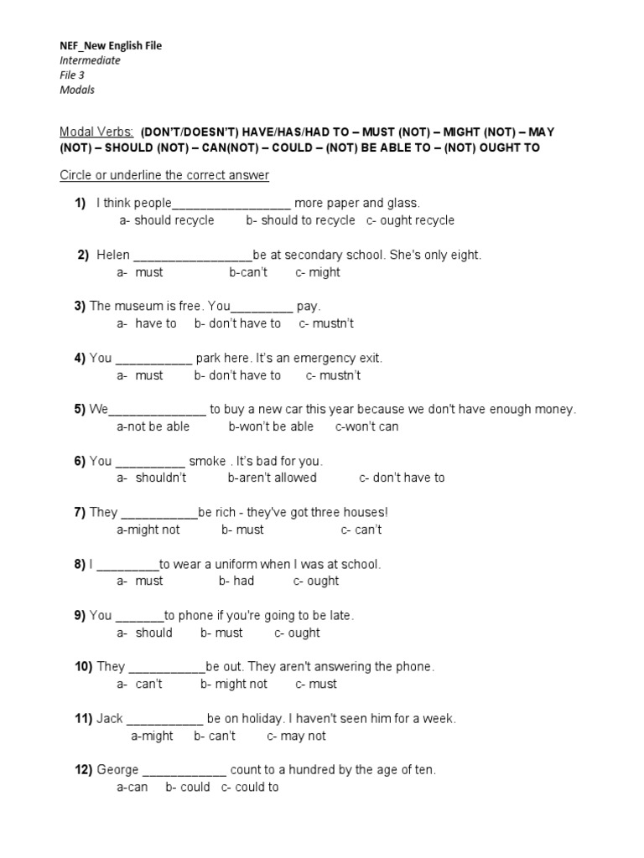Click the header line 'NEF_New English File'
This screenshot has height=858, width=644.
(111, 46)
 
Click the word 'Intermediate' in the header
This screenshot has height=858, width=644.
(90, 60)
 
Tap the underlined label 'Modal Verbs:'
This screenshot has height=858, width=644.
(96, 132)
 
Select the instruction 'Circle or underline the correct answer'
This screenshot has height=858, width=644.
(164, 175)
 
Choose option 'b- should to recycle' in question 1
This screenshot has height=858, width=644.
(300, 220)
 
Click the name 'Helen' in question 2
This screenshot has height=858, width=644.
(113, 255)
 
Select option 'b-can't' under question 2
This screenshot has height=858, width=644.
(248, 272)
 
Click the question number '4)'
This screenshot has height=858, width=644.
(80, 358)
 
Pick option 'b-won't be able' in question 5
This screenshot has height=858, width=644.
(271, 426)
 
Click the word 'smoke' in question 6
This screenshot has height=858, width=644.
(207, 461)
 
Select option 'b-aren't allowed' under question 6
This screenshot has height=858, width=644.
(272, 478)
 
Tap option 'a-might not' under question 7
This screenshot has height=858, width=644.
(148, 530)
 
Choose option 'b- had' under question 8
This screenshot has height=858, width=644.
(236, 581)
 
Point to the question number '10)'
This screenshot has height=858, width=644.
(83, 667)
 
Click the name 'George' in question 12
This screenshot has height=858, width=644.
(117, 770)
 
